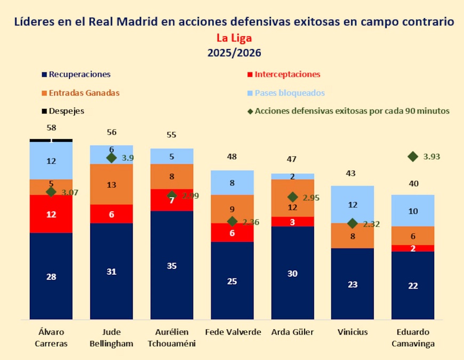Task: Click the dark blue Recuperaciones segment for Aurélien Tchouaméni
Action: pyautogui.click(x=172, y=265)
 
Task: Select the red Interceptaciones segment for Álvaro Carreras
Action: pyautogui.click(x=51, y=214)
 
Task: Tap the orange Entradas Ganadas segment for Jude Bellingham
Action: pyautogui.click(x=111, y=185)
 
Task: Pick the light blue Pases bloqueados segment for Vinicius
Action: pyautogui.click(x=353, y=204)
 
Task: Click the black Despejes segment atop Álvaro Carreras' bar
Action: pyautogui.click(x=51, y=140)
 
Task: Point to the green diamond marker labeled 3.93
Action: pyautogui.click(x=412, y=156)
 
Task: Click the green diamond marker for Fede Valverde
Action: pyautogui.click(x=232, y=221)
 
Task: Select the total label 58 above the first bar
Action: pyautogui.click(x=51, y=128)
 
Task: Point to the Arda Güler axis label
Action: pyautogui.click(x=292, y=332)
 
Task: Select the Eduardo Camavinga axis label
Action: pyautogui.click(x=412, y=338)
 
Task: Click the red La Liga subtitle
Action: pyautogui.click(x=234, y=38)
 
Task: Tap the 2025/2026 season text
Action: pyautogui.click(x=234, y=53)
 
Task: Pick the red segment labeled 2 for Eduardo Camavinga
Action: pyautogui.click(x=412, y=248)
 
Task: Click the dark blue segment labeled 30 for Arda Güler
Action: pyautogui.click(x=292, y=273)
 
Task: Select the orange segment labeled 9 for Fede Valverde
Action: pyautogui.click(x=232, y=209)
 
